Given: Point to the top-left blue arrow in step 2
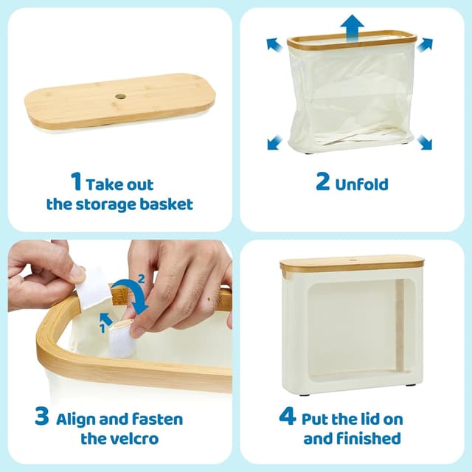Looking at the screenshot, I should [275, 46].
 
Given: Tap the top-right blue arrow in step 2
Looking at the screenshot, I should [425, 46].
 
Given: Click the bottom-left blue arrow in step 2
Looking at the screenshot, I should [274, 141].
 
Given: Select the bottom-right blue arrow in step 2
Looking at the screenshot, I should [424, 141].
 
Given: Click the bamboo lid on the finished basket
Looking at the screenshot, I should [353, 264].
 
